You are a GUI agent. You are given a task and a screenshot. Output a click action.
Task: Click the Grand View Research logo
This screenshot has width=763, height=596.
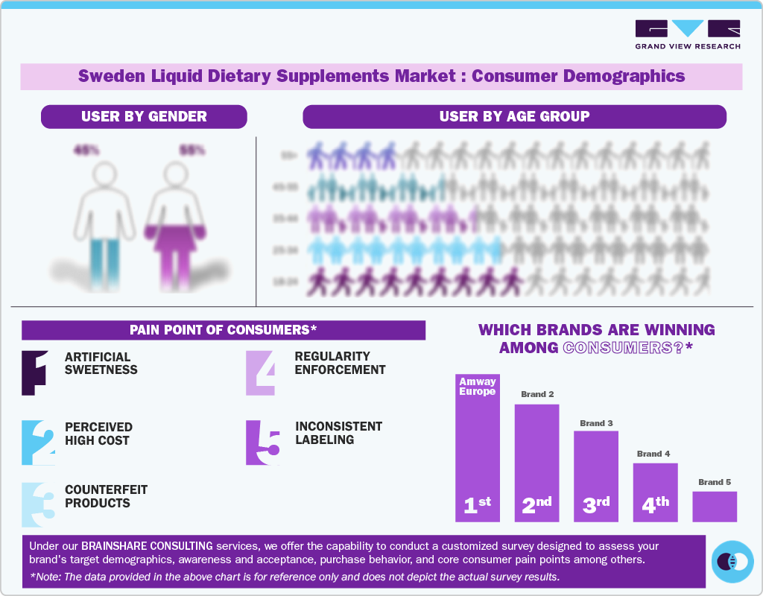[687, 34]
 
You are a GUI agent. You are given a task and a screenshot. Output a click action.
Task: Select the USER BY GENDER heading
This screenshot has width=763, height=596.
[144, 116]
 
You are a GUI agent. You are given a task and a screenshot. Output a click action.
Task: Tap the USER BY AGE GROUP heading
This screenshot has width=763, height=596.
[514, 116]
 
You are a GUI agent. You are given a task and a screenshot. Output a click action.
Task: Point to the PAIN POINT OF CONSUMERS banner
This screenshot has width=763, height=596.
[224, 330]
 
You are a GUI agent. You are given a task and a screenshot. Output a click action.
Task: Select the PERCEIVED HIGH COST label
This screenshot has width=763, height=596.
[98, 434]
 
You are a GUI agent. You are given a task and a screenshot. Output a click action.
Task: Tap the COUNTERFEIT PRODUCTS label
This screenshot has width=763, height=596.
[106, 496]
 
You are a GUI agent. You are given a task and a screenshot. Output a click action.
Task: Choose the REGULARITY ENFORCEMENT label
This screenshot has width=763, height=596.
[340, 363]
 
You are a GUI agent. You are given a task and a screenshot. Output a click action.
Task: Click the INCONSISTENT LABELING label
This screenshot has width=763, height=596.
[338, 433]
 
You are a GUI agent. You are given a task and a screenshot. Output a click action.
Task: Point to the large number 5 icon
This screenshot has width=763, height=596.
[263, 443]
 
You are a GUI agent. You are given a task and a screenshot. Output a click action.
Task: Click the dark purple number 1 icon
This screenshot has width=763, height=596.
[35, 372]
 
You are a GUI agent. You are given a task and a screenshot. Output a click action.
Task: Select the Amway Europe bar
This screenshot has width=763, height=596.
[477, 447]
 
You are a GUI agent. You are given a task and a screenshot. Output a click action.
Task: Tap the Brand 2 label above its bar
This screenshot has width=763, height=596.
[537, 394]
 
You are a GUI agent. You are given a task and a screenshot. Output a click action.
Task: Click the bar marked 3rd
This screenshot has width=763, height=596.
[595, 476]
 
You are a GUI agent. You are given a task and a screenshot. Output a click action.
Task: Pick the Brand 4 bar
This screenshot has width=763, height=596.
[655, 492]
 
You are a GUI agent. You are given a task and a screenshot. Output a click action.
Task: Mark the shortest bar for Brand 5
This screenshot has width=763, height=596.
[714, 507]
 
